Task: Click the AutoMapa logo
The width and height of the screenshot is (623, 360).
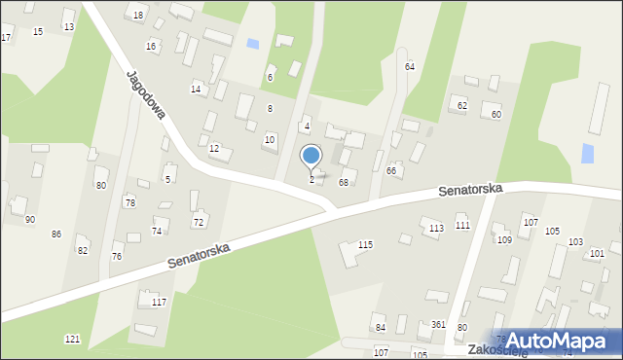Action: [x=562, y=341]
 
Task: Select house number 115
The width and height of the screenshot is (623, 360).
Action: [x=365, y=244]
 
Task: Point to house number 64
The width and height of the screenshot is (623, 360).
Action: [x=410, y=66]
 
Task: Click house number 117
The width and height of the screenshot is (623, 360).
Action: [x=159, y=303]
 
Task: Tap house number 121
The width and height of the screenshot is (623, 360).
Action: [x=72, y=339]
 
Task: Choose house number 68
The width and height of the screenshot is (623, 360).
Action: [x=343, y=182]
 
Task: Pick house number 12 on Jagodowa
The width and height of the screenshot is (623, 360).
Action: [x=214, y=149]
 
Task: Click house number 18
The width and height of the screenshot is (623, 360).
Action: [x=138, y=16]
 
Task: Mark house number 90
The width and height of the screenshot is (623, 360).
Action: [x=30, y=220]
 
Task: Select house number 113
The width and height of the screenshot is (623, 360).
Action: [x=436, y=228]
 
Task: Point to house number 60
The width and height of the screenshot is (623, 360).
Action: [x=496, y=115]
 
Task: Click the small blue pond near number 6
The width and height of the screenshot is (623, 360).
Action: [x=253, y=44]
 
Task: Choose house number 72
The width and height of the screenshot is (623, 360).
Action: [x=199, y=223]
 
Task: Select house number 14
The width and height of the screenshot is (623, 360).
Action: [x=196, y=90]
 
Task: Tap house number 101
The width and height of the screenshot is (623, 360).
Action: [x=597, y=253]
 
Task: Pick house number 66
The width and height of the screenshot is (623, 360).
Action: [x=391, y=171]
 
